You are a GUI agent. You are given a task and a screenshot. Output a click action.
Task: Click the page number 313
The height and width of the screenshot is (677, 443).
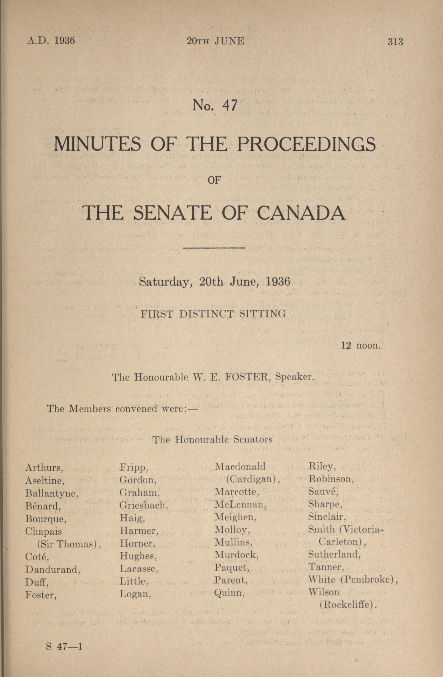click(x=395, y=42)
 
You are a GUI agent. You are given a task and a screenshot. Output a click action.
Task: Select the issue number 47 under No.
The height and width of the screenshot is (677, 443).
click(x=230, y=105)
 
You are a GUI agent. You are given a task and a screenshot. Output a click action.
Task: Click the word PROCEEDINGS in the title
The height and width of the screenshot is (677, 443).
click(x=306, y=144)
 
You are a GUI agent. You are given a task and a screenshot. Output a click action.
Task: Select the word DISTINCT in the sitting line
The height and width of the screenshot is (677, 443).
click(x=206, y=314)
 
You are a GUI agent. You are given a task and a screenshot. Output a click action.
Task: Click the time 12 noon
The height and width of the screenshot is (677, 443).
click(x=361, y=346)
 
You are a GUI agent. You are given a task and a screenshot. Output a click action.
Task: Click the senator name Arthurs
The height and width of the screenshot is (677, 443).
click(x=44, y=468)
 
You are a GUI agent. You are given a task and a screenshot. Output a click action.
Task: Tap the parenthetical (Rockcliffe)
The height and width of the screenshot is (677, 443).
click(x=348, y=604)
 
